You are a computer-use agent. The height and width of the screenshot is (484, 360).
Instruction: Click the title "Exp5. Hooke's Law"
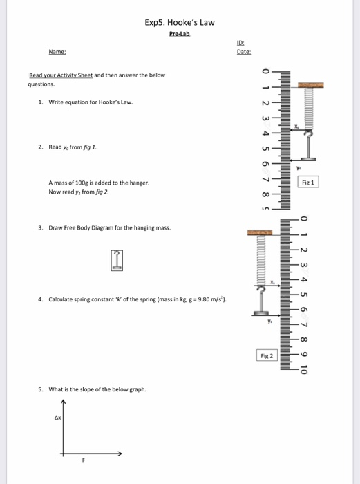point(180,22)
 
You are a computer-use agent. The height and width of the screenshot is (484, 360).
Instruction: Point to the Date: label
point(243,52)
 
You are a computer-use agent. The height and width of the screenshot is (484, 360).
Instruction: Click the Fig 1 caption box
point(308,183)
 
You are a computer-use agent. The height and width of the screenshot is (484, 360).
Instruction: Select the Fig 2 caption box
point(267,356)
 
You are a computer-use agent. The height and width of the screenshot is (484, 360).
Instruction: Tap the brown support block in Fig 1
point(311,86)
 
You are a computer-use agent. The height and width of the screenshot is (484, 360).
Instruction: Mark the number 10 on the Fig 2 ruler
point(302,367)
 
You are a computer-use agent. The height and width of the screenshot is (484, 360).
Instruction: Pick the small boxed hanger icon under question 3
point(118,260)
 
